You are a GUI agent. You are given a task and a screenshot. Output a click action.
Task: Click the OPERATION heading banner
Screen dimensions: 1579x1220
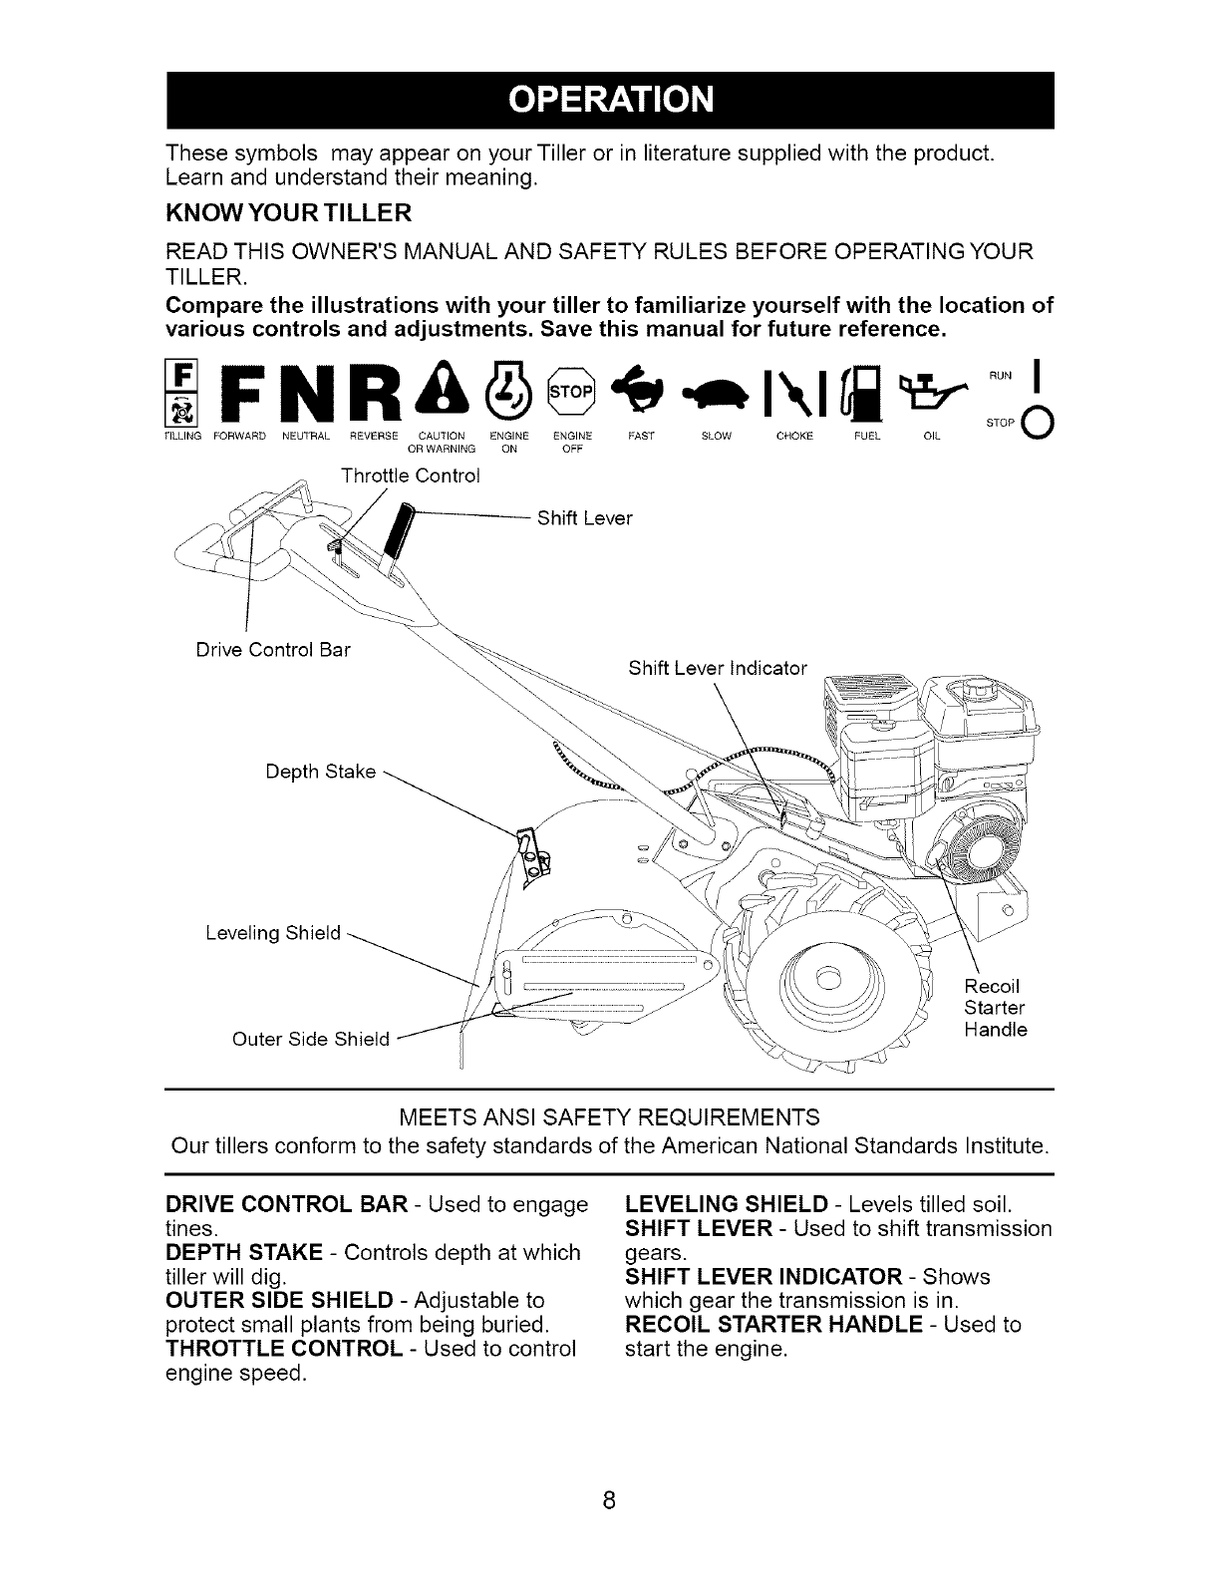610,100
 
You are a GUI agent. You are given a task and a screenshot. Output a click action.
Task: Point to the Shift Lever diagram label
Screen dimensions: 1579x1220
584,518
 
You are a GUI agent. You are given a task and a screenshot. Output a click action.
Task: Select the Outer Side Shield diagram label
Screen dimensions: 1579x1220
310,1039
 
